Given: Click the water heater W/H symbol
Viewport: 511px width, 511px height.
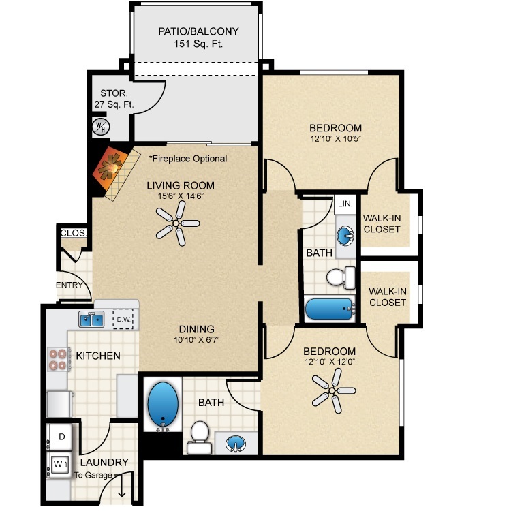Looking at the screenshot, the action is click(x=101, y=127).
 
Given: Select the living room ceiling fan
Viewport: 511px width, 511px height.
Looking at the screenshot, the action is click(x=177, y=223).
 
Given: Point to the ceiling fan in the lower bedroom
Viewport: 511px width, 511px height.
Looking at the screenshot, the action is click(x=333, y=390).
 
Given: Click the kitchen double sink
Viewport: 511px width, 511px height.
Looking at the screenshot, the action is click(x=91, y=319).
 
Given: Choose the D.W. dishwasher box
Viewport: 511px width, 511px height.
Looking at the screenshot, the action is click(x=123, y=319).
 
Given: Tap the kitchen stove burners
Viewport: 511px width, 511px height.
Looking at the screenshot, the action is click(x=59, y=359).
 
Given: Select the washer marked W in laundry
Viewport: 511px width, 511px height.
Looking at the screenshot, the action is click(x=59, y=465).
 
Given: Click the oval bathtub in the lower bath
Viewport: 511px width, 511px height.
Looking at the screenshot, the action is click(x=163, y=404).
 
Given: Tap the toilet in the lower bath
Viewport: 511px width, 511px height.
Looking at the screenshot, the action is click(x=199, y=437).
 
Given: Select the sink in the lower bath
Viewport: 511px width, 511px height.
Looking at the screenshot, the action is click(x=236, y=444).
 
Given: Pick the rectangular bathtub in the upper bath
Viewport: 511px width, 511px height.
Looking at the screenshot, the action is click(x=329, y=309).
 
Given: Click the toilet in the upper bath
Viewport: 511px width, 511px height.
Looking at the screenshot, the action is click(x=341, y=278).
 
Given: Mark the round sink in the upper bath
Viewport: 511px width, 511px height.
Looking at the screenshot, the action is click(x=345, y=235).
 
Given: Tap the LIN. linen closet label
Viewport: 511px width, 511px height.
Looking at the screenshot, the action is click(x=345, y=204).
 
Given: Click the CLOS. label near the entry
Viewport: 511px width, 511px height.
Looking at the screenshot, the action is click(x=74, y=233).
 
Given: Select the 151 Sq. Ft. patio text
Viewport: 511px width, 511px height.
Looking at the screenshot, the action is click(x=198, y=44).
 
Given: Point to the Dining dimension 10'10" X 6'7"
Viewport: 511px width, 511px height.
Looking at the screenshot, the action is click(x=196, y=340).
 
